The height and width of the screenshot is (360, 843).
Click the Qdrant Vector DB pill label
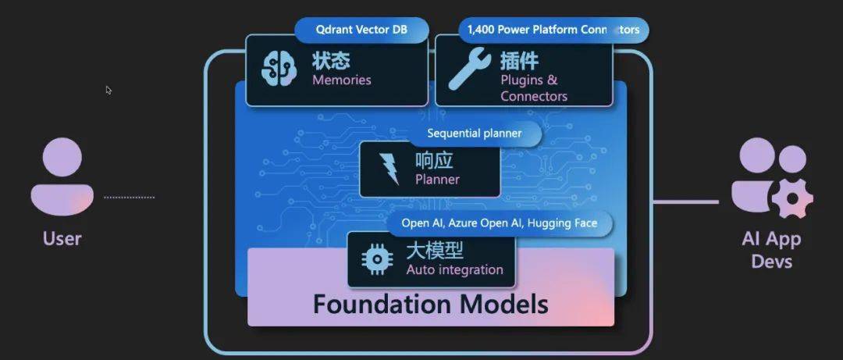coord(361,30)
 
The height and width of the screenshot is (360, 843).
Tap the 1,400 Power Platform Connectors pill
coord(553,30)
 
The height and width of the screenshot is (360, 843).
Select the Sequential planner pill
coord(475,134)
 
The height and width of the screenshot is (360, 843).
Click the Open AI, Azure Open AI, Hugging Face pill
coord(500,223)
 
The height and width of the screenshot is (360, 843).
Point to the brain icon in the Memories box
coord(279,70)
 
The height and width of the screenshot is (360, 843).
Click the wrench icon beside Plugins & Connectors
coord(469,69)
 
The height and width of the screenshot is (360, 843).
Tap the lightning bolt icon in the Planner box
coord(389,169)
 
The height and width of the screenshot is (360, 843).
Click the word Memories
coord(342,80)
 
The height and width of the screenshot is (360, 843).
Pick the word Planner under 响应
coord(437,179)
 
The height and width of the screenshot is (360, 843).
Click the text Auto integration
coord(455,269)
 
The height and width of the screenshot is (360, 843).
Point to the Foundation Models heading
coord(431,304)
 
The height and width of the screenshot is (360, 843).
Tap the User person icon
coord(62,176)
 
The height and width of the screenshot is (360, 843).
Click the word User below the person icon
coord(62,238)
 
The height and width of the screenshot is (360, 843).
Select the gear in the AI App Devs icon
coord(792,198)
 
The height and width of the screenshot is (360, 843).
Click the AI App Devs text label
coord(771,250)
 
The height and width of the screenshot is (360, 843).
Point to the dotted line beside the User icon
coord(129,198)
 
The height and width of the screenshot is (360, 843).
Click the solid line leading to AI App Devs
coord(686,202)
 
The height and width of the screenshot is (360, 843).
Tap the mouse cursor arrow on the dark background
coord(108,91)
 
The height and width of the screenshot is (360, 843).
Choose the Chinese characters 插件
coord(519,61)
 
